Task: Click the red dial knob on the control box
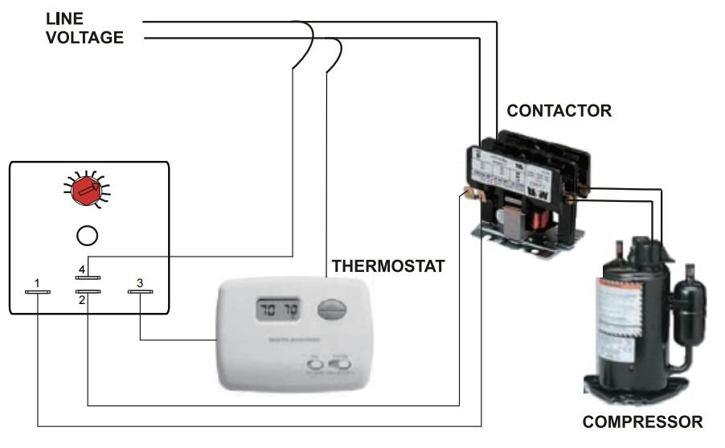tap(88, 190)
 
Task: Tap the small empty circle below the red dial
tap(87, 235)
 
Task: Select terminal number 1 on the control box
tap(38, 293)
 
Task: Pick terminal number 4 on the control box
tap(88, 277)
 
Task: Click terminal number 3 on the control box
tap(140, 293)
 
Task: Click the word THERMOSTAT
tap(388, 267)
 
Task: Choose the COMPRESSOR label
tap(642, 421)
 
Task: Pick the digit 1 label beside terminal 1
tap(37, 282)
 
